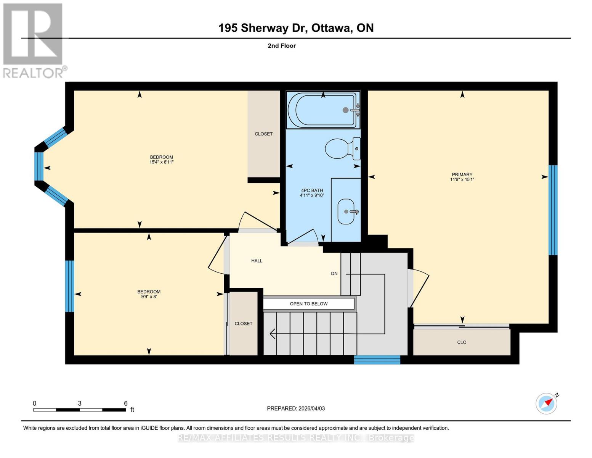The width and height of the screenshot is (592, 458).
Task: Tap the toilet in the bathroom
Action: click(342, 148)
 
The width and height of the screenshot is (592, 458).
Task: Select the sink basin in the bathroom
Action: click(346, 211)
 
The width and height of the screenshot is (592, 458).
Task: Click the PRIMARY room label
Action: click(462, 174)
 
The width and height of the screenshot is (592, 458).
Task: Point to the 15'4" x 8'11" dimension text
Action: click(161, 162)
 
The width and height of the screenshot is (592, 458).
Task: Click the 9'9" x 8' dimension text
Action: click(149, 297)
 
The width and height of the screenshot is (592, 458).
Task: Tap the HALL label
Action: click(257, 261)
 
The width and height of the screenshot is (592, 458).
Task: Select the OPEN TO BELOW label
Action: click(308, 304)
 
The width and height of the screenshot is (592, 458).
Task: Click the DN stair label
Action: click(334, 274)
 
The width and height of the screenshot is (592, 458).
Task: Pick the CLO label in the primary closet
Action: click(462, 342)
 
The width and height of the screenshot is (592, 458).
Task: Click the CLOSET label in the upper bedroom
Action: click(263, 134)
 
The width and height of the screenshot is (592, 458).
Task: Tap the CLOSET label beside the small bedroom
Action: click(243, 324)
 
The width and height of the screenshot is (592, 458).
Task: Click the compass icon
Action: click(546, 403)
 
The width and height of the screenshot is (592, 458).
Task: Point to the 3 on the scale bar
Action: click(79, 403)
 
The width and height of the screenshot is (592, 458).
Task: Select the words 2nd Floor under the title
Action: click(282, 46)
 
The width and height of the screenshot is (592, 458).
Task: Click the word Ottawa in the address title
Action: click(332, 28)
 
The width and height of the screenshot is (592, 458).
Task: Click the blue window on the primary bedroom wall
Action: click(553, 210)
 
